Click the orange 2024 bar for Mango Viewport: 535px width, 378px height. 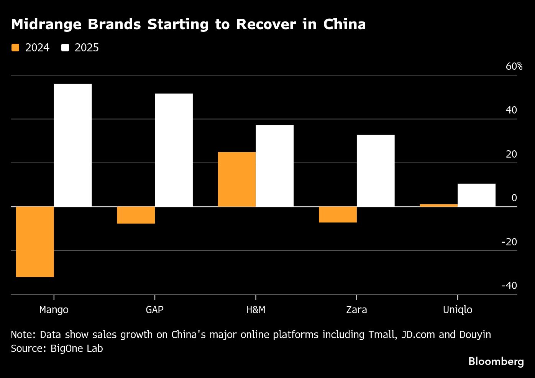[35, 242]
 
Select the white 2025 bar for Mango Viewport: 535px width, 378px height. [73, 145]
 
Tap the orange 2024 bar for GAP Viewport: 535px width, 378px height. [136, 215]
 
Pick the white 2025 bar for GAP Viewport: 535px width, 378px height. [174, 150]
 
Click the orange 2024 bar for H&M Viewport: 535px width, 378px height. [237, 179]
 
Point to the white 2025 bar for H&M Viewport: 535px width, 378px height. [274, 166]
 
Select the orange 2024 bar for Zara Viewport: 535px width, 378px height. [338, 215]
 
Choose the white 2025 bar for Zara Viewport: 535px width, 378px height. [376, 171]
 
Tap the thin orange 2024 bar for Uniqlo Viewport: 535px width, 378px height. [438, 205]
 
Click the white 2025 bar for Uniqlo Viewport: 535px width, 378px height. [476, 195]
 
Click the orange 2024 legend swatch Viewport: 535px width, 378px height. [15, 48]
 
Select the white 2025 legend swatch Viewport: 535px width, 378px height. [65, 48]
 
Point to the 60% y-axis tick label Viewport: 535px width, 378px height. [514, 66]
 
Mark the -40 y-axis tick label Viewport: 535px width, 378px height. [509, 286]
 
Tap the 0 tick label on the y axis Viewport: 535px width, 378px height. [514, 198]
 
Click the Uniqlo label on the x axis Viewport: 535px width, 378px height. [458, 310]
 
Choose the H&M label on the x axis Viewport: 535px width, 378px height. [256, 310]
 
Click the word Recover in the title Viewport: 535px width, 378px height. [266, 24]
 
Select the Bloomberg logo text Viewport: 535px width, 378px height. [496, 361]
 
